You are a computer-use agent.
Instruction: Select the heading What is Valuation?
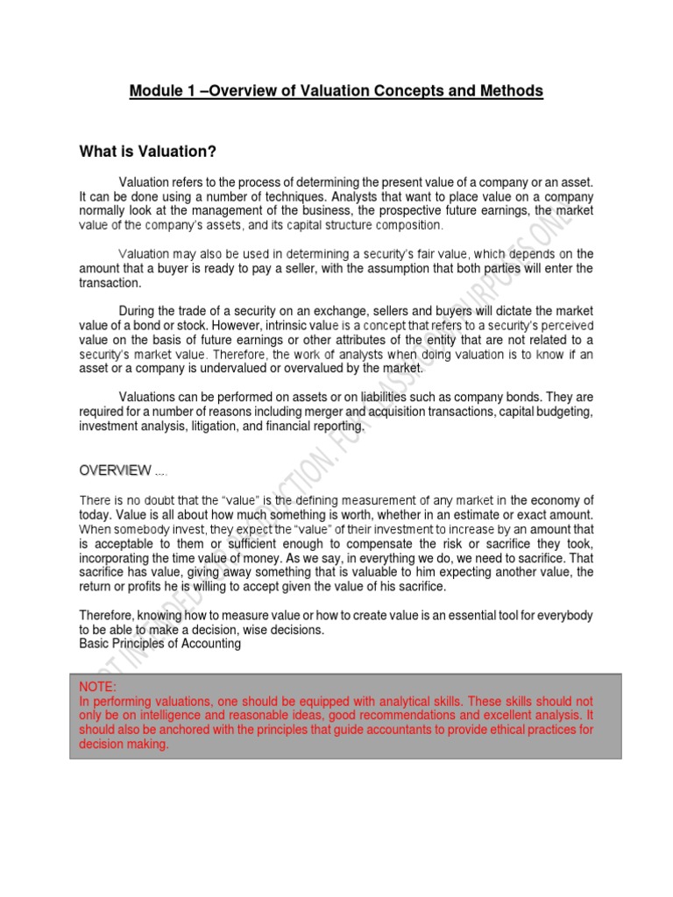147,152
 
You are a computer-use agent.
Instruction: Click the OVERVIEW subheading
115,470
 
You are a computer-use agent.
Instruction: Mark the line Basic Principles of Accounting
159,644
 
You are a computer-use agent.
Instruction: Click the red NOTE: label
97,688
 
